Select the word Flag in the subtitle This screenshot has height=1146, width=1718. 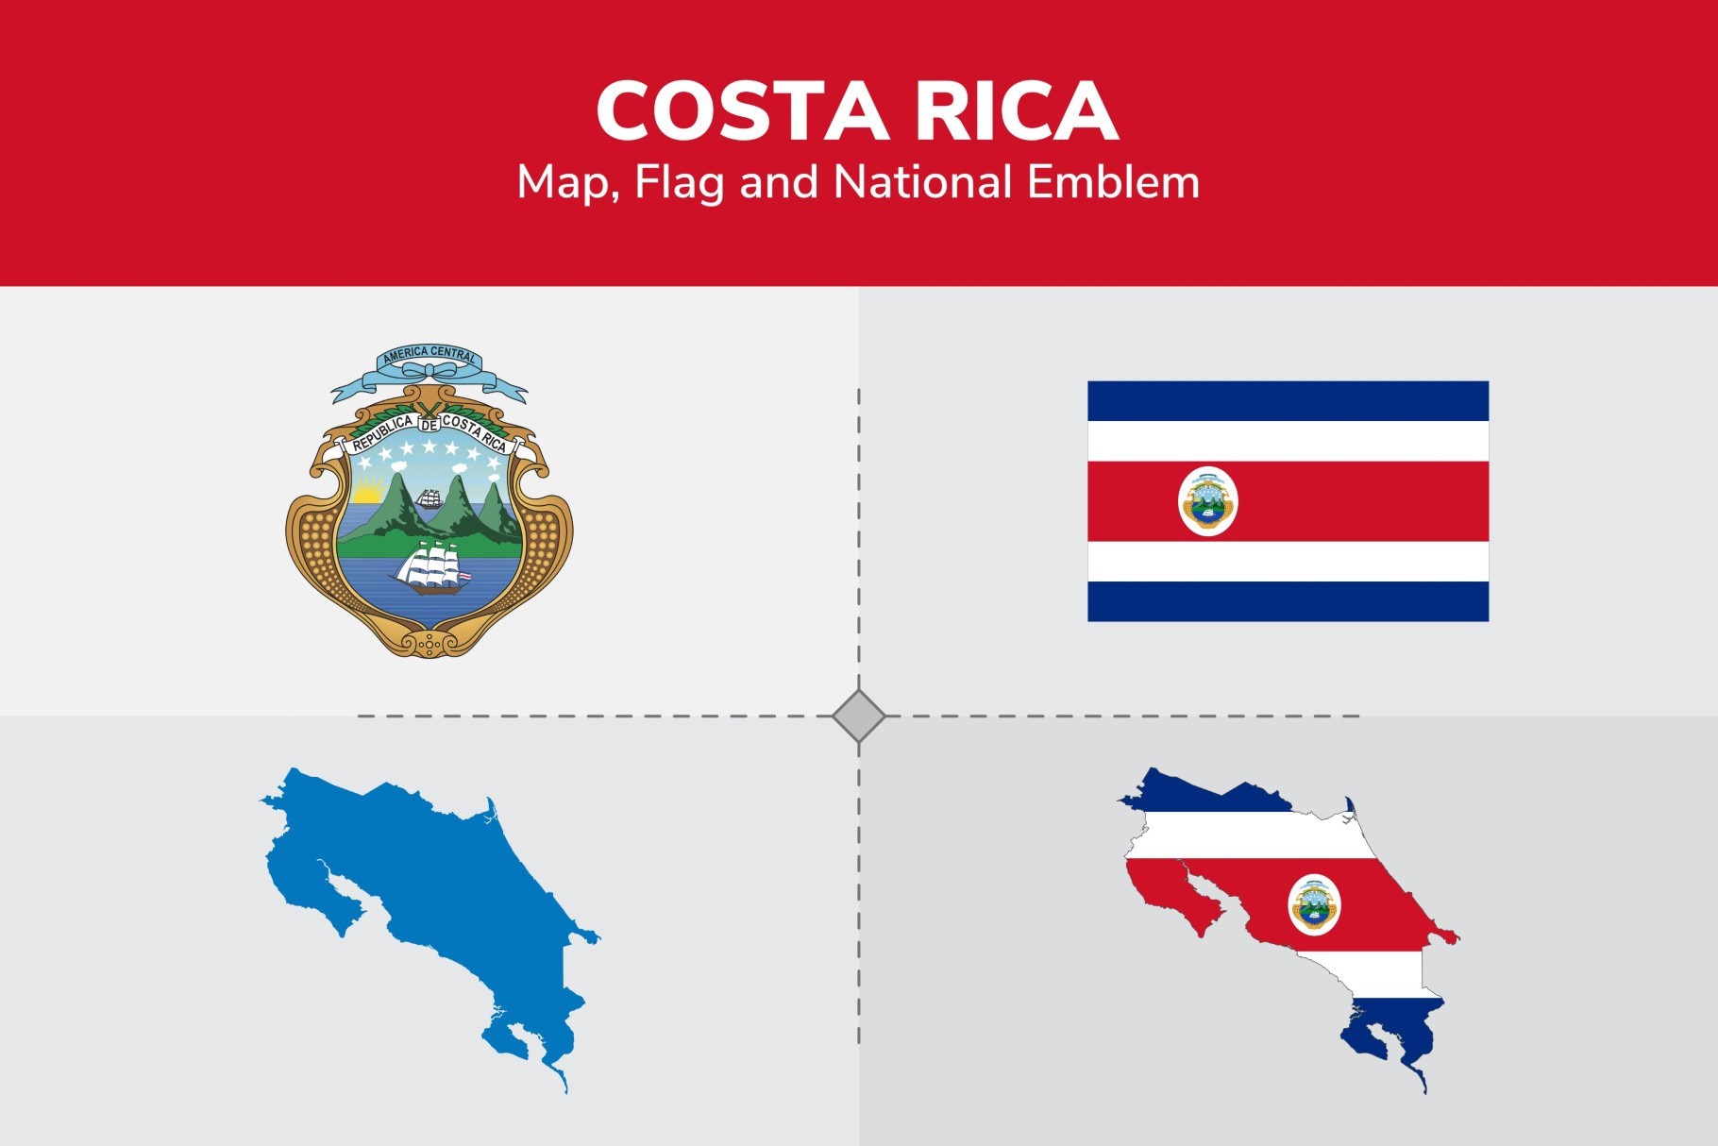click(x=679, y=182)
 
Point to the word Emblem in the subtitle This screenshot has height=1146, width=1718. click(x=1113, y=181)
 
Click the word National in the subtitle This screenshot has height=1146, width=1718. click(x=923, y=181)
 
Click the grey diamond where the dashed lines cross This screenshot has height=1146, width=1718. click(x=859, y=716)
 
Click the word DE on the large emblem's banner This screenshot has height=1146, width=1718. click(x=429, y=426)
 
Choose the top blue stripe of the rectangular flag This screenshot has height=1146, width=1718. click(x=1288, y=401)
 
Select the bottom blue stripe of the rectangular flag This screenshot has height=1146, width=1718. click(x=1288, y=601)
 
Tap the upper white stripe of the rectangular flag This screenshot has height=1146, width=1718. click(x=1288, y=441)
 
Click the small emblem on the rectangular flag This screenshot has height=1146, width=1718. click(x=1208, y=501)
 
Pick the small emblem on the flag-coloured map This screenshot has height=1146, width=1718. click(x=1314, y=904)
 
